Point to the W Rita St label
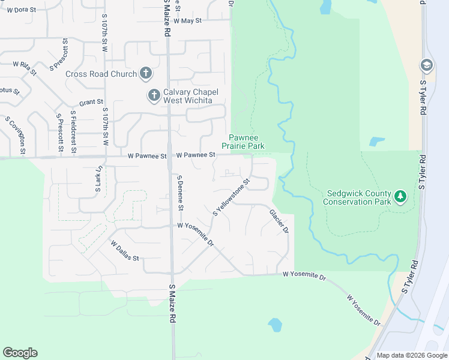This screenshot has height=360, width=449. point(25,67)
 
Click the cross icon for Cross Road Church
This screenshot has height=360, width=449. point(145,73)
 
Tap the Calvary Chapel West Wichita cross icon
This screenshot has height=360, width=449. point(154,95)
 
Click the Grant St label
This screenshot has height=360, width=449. point(91,103)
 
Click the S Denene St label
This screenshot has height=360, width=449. point(179,192)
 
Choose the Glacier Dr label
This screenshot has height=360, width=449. point(279,221)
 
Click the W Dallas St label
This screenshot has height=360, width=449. point(125,250)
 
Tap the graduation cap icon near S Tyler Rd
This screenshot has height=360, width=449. point(426,65)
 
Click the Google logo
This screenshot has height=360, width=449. point(20,353)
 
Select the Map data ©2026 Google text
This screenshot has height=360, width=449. point(411,355)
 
